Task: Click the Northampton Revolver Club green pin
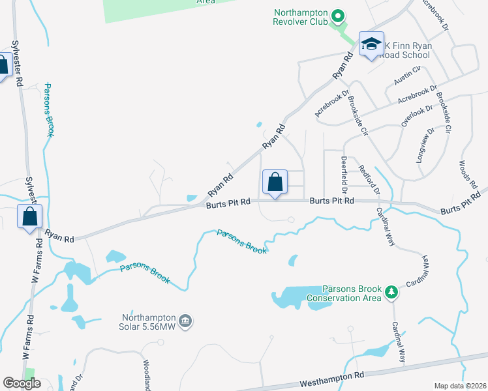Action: click(338, 15)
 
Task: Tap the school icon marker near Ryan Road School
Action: click(371, 45)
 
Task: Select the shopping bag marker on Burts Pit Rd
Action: click(275, 182)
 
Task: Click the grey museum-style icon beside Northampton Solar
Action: click(185, 320)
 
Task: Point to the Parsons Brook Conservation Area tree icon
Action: click(391, 292)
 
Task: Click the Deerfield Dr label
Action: click(343, 173)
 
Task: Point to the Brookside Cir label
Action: click(358, 115)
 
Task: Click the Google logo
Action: click(22, 383)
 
